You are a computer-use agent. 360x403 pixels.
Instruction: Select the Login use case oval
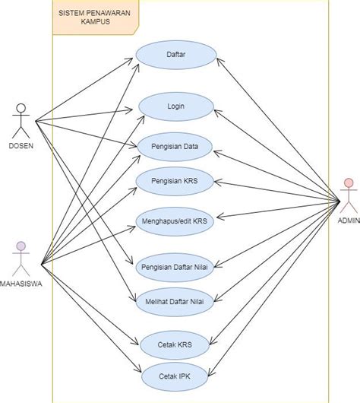coord(176,107)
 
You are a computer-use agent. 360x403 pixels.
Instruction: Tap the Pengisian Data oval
coord(176,147)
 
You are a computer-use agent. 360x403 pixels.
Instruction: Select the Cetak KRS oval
coord(176,345)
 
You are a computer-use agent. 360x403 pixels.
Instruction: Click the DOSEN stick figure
coord(21,120)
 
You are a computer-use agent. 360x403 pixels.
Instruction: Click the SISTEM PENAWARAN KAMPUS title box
coord(94,17)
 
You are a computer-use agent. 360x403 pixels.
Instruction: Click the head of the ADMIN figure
coord(348,183)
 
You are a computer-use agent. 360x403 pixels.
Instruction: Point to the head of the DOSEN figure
coord(21,106)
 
